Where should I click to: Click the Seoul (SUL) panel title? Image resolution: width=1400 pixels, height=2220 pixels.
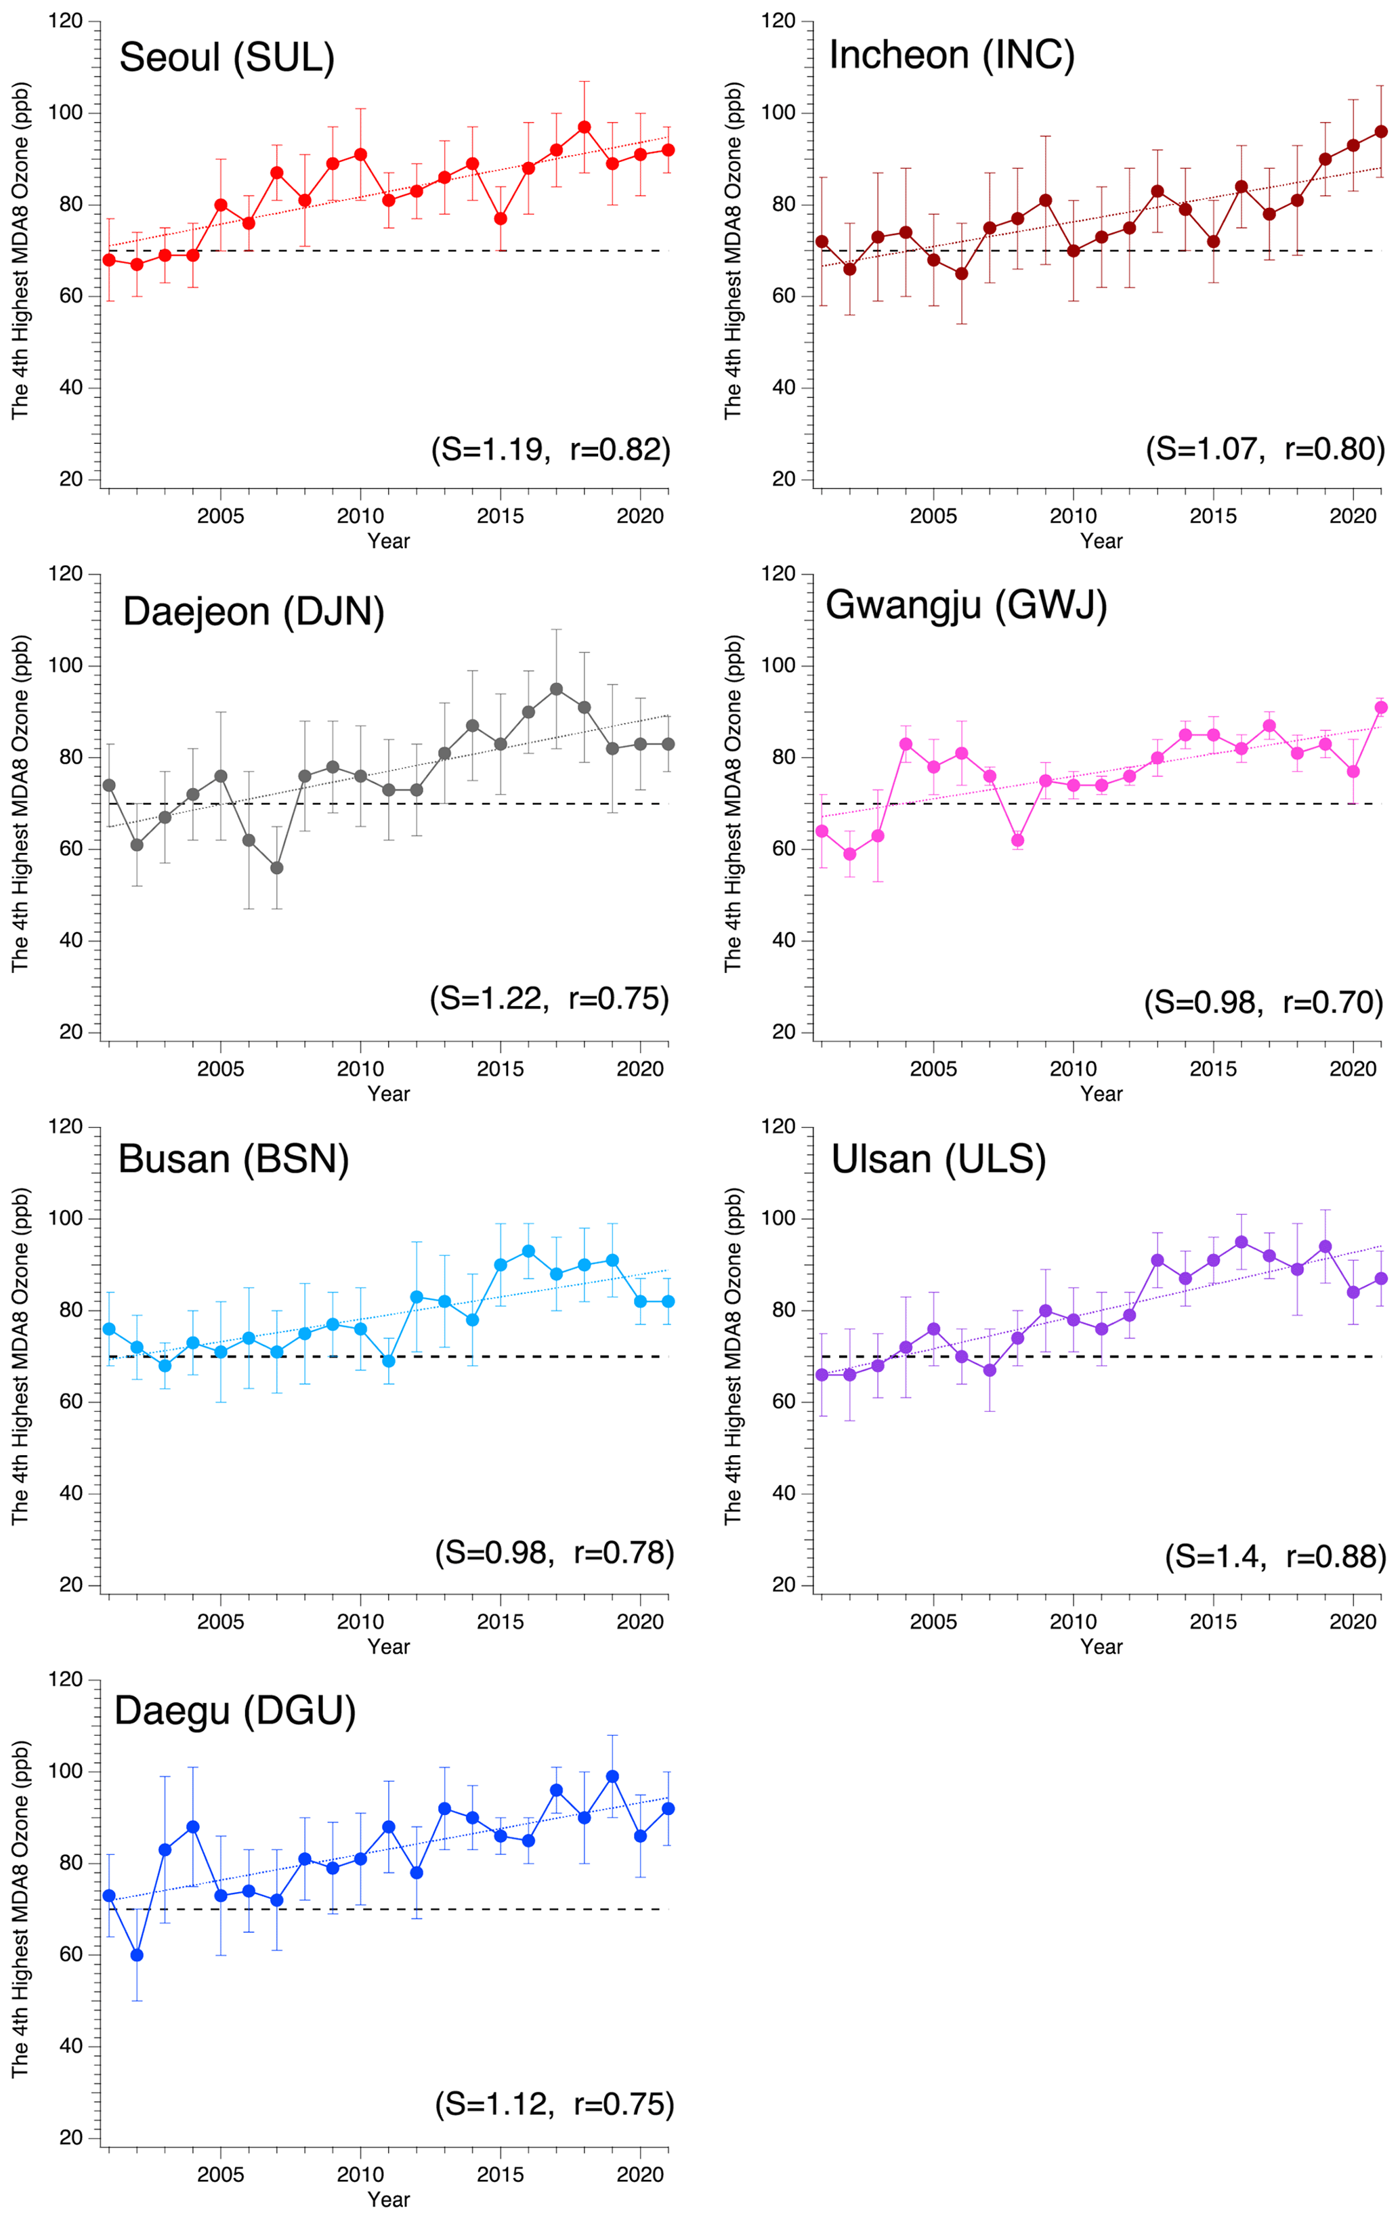point(227,58)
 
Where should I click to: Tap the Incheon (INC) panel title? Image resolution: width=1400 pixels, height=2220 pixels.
point(951,56)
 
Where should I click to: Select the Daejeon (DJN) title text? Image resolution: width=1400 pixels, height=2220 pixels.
point(253,611)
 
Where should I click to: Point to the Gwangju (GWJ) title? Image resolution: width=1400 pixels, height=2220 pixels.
point(966,606)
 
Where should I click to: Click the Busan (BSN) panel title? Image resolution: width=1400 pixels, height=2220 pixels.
point(233,1159)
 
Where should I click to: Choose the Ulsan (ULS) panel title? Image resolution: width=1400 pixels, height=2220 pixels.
point(938,1159)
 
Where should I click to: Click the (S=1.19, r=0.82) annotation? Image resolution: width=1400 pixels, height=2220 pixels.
point(550,449)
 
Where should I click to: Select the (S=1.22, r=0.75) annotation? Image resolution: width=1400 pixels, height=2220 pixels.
point(549,999)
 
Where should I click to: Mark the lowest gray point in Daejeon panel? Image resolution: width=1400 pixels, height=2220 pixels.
point(276,868)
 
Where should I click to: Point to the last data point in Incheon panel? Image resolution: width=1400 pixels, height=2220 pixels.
point(1380,132)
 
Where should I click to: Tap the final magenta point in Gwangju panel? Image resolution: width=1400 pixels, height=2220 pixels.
point(1380,707)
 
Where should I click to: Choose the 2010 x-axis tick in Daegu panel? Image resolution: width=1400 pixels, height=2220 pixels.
point(360,2174)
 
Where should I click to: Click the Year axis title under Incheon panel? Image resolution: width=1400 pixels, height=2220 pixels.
point(1101,541)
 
